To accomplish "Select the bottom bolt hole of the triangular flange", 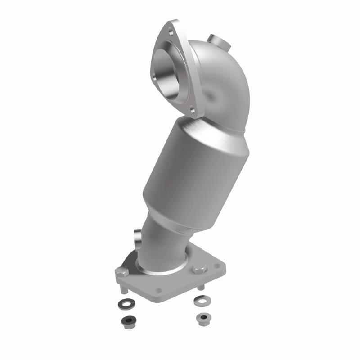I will [x=192, y=109].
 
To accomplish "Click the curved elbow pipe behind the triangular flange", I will [x=220, y=85].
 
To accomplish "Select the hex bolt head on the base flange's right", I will [x=198, y=270].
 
